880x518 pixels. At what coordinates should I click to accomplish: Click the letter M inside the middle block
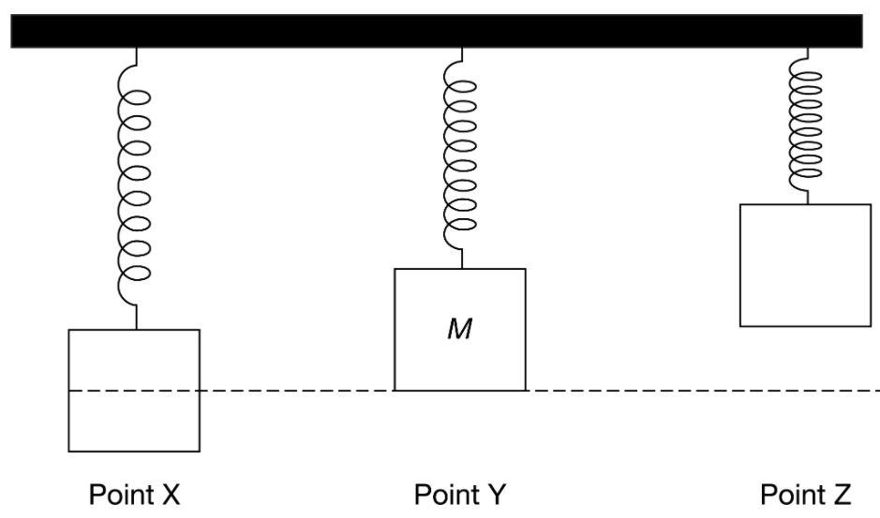click(458, 330)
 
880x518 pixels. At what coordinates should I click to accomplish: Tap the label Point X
click(134, 494)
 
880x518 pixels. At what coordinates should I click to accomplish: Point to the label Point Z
click(806, 494)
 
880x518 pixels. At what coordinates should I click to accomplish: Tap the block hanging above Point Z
click(806, 264)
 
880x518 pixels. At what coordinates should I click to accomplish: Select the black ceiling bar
click(437, 31)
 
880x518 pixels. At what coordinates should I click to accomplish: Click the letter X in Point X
click(170, 494)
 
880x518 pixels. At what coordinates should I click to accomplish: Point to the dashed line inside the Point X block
click(134, 390)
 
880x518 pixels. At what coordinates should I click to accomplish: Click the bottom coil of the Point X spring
click(135, 274)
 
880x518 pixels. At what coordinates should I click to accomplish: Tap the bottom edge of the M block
click(459, 390)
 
